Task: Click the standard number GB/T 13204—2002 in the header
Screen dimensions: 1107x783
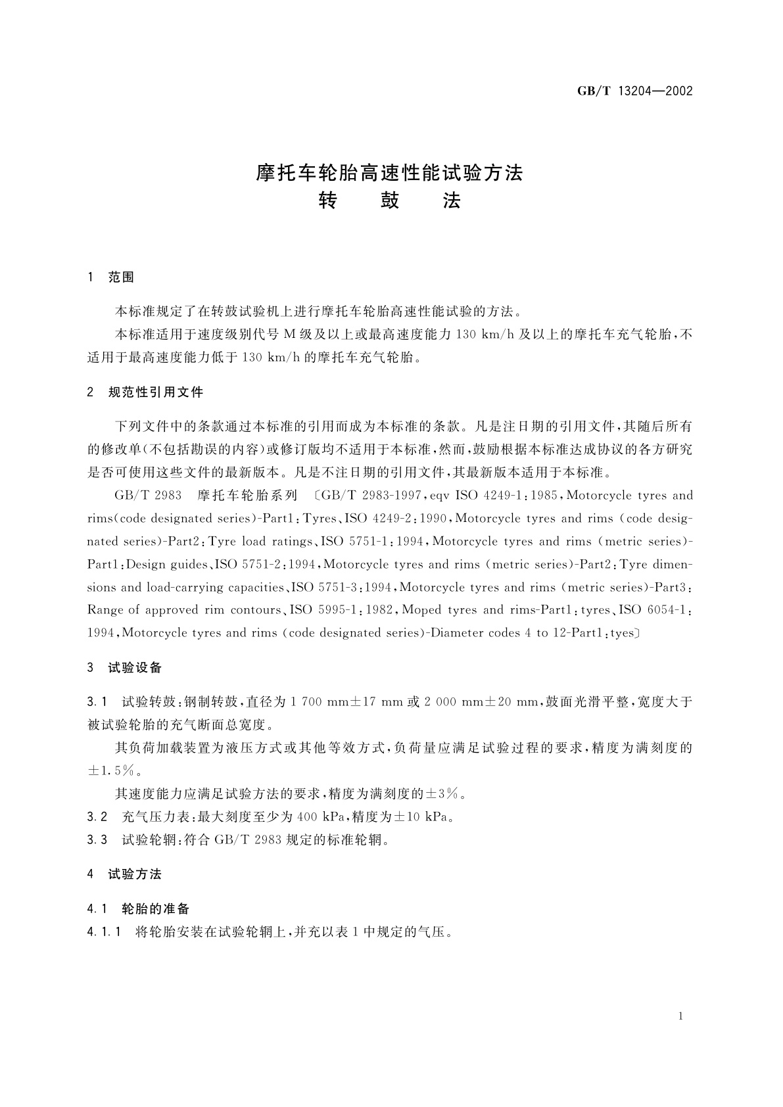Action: [x=635, y=91]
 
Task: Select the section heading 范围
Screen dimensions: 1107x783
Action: [x=121, y=278]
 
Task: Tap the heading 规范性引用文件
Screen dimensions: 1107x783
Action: [x=156, y=392]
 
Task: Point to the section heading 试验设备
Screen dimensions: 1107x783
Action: [x=135, y=668]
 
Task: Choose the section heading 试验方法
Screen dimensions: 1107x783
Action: [x=135, y=874]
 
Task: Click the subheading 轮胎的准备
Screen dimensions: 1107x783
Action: [x=156, y=909]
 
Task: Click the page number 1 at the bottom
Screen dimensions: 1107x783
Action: [x=680, y=1016]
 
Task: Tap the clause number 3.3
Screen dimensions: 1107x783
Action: [x=97, y=840]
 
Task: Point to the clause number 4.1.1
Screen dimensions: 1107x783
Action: [x=103, y=932]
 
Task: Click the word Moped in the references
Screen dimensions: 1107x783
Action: [x=421, y=610]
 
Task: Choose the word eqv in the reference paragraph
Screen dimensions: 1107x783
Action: [x=440, y=496]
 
